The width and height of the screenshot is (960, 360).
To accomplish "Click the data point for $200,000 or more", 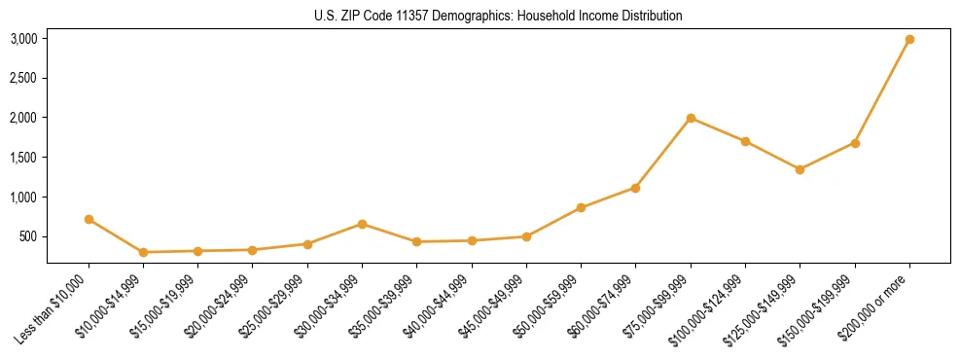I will click(909, 40).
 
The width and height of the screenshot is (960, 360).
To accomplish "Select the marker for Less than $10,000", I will click(89, 220).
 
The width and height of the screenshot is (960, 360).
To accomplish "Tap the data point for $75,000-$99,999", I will click(691, 119).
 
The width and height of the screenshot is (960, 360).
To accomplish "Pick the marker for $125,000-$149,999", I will click(800, 169).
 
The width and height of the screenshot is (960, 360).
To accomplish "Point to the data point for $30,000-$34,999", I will click(362, 224).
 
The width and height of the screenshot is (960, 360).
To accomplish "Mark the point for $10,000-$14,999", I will click(143, 252).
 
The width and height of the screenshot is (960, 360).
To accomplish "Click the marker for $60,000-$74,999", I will click(635, 188).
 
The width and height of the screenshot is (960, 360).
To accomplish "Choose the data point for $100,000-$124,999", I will click(745, 141).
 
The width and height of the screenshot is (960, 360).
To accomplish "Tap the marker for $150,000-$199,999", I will click(855, 143).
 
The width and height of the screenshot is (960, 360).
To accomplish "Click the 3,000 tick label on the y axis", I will click(23, 39).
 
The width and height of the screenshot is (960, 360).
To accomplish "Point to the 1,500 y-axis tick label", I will click(23, 158).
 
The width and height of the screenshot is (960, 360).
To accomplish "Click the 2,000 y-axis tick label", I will click(23, 118).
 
